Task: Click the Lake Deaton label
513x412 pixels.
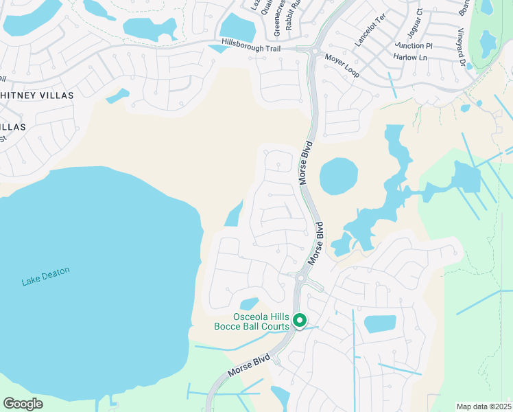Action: (45, 275)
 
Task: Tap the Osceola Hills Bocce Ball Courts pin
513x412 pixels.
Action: (300, 320)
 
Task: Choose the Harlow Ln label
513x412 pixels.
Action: (411, 57)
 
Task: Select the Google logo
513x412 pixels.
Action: (23, 404)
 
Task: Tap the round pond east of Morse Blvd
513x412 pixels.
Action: (339, 176)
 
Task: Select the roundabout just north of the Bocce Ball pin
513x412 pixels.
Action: (300, 279)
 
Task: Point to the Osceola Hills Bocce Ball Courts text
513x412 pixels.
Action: (261, 321)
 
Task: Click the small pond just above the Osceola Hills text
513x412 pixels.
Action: (249, 304)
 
